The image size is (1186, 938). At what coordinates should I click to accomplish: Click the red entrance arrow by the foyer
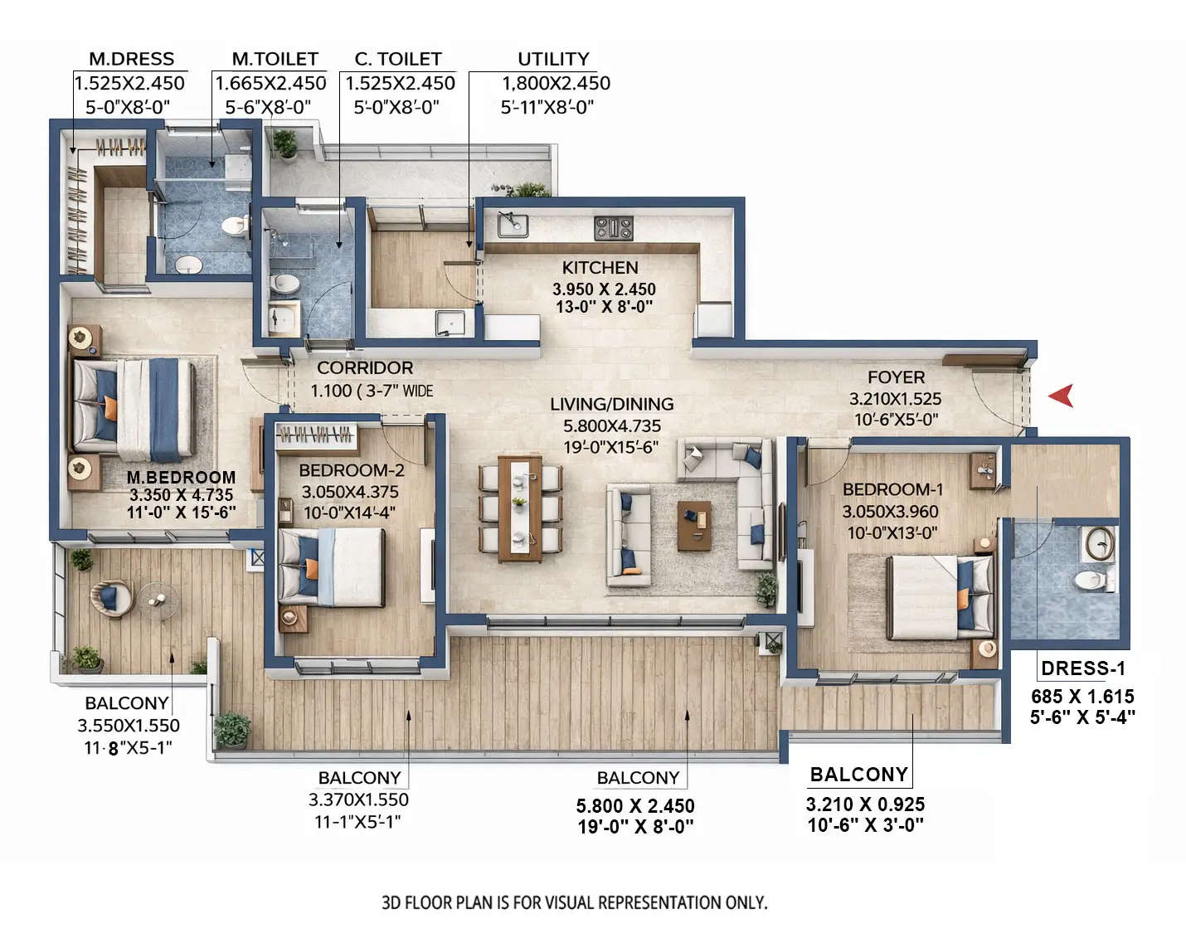(x=1062, y=396)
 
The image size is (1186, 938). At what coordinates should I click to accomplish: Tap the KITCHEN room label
(x=600, y=268)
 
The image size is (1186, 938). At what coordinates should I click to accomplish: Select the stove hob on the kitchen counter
(x=613, y=227)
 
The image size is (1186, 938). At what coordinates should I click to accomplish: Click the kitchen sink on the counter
(x=512, y=223)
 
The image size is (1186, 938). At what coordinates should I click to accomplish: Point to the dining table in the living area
(x=520, y=508)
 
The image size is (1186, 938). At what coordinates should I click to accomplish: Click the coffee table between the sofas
(x=694, y=526)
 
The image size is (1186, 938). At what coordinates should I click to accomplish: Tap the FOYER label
(x=896, y=377)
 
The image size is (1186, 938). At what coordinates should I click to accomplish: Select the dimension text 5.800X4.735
(x=612, y=426)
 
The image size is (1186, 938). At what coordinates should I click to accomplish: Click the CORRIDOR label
(x=365, y=368)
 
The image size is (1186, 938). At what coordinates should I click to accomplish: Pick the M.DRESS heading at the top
(x=131, y=59)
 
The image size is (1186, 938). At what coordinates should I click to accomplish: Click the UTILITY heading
(x=553, y=59)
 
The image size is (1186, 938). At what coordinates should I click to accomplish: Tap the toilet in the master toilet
(x=235, y=225)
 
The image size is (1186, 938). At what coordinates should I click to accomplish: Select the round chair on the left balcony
(x=112, y=595)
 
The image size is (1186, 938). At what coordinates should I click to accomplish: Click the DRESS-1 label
(x=1082, y=668)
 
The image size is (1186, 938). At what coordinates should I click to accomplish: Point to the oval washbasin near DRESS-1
(x=1100, y=544)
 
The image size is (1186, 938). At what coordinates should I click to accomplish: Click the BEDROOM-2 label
(x=352, y=470)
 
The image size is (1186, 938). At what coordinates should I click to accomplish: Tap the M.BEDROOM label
(x=181, y=478)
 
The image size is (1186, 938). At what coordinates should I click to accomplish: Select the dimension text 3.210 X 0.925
(x=865, y=804)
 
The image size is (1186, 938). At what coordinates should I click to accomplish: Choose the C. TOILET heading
(x=398, y=59)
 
